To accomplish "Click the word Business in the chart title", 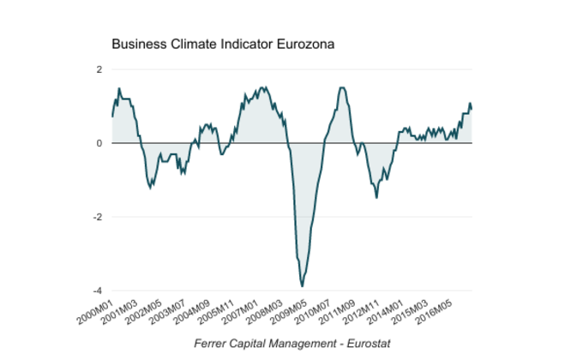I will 138,43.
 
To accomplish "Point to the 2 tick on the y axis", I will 99,69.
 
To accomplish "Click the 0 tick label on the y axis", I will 99,143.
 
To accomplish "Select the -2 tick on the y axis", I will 98,217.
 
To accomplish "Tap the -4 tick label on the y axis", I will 98,291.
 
